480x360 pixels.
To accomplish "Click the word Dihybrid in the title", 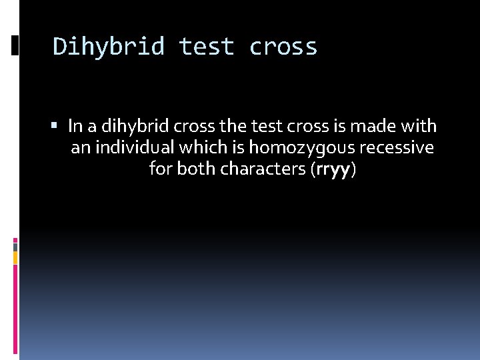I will pyautogui.click(x=108, y=47).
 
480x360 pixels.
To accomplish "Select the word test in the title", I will pyautogui.click(x=207, y=47).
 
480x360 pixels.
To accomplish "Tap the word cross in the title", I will pyautogui.click(x=283, y=47).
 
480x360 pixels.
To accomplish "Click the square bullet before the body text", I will pyautogui.click(x=58, y=125).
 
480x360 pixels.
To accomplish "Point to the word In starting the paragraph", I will pyautogui.click(x=75, y=125).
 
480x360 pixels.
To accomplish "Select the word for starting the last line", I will pyautogui.click(x=161, y=169).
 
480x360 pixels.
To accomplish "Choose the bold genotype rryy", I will pyautogui.click(x=333, y=169).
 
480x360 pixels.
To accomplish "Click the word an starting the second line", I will pyautogui.click(x=80, y=147).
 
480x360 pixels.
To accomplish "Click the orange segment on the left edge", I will pyautogui.click(x=15, y=257).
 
